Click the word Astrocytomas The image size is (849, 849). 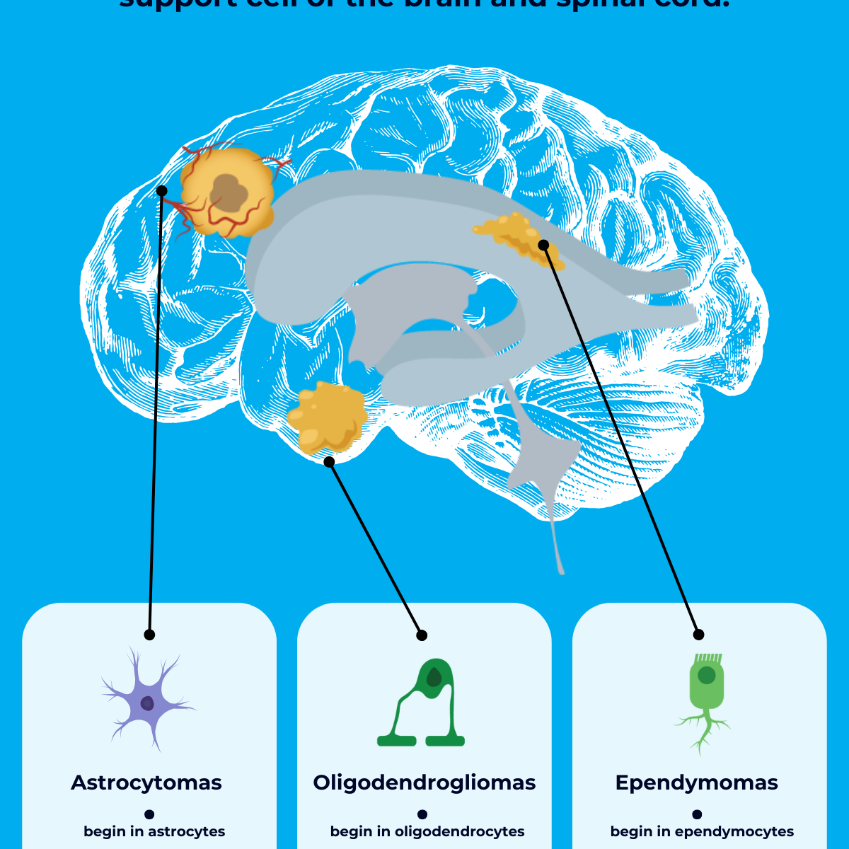pos(146,782)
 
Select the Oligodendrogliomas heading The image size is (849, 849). pos(424,782)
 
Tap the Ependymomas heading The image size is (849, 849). pos(697,782)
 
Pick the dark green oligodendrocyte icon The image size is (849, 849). pos(422,704)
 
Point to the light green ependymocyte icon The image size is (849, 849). pos(705,700)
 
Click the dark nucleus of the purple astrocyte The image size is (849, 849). pos(147,703)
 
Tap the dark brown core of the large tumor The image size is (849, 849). pos(229,192)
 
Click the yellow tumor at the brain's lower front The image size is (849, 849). pos(327,417)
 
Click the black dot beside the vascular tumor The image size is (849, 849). pos(161,191)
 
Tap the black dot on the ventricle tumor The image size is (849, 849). pos(543,245)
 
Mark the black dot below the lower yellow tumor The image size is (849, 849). pos(329,462)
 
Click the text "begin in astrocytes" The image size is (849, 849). pos(154,831)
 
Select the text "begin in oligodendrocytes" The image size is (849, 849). pos(427,831)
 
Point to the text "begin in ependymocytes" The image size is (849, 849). pos(702,831)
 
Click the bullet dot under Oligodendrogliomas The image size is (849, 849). pos(422,814)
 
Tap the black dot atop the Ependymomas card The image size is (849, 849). pos(698,634)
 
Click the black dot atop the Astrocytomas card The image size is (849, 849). pos(149,635)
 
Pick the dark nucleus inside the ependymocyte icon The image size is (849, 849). pos(706,675)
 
